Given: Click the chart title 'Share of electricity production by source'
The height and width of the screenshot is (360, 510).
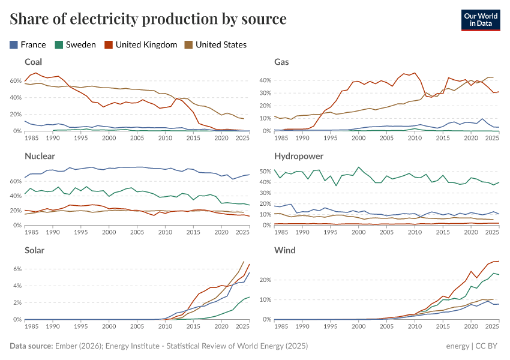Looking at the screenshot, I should pyautogui.click(x=148, y=19).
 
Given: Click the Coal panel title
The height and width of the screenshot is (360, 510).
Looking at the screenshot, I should pyautogui.click(x=33, y=62).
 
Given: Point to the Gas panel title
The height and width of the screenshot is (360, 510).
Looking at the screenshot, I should pyautogui.click(x=282, y=62).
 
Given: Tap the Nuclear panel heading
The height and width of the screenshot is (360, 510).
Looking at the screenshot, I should pyautogui.click(x=40, y=156).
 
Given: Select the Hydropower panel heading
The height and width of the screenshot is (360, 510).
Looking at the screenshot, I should pyautogui.click(x=299, y=156).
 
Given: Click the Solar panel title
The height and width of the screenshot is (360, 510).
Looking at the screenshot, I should pyautogui.click(x=35, y=250).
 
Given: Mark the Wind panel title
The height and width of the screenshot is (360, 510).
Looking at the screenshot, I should pyautogui.click(x=284, y=250).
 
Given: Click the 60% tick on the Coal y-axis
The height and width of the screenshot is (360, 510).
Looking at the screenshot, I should pyautogui.click(x=15, y=80).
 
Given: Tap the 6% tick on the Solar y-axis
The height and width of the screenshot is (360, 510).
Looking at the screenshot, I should pyautogui.click(x=16, y=269).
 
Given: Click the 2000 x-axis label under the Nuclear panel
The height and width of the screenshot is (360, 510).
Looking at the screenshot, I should pyautogui.click(x=109, y=232).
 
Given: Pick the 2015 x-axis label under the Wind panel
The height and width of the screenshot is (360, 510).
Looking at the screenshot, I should pyautogui.click(x=442, y=326).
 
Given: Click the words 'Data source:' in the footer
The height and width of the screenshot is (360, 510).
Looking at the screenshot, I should pyautogui.click(x=31, y=346).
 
